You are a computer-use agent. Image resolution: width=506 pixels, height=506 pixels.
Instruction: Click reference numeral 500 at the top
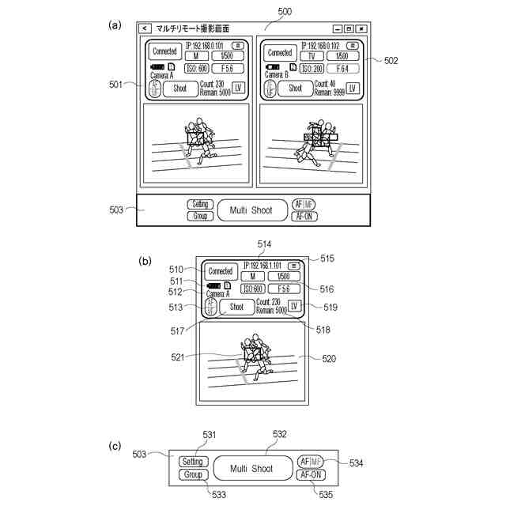tap(285, 10)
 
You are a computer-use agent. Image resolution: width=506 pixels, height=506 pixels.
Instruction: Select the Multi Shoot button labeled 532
tap(251, 469)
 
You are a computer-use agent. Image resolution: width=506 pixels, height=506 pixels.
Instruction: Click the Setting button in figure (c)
tap(192, 462)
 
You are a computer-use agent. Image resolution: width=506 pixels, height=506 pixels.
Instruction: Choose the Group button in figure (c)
tap(192, 475)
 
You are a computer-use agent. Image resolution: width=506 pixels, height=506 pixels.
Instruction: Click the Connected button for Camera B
tap(279, 51)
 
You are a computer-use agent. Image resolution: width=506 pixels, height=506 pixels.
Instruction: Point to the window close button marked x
tap(361, 28)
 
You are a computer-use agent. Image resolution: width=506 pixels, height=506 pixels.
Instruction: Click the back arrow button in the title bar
tap(145, 28)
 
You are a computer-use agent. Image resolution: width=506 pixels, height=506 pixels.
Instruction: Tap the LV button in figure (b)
tap(294, 306)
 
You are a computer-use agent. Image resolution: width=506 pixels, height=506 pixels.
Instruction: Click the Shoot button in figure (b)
tap(236, 307)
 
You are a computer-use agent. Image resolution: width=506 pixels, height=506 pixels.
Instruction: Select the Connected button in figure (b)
tap(220, 271)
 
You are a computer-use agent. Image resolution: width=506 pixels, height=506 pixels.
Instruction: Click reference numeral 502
tap(391, 60)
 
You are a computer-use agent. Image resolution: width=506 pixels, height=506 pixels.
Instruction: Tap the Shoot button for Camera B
tap(295, 89)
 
